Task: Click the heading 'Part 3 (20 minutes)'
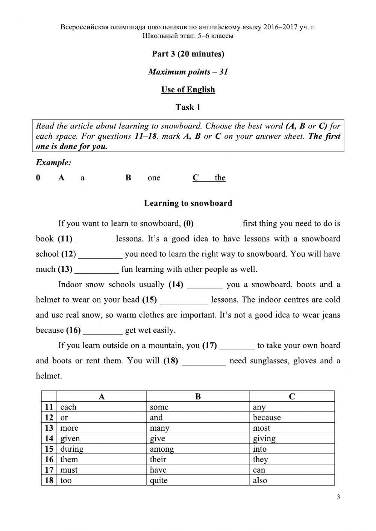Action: point(188,54)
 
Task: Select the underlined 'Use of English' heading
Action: point(188,90)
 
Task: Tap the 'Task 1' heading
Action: point(188,107)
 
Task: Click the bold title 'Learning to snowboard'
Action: point(188,203)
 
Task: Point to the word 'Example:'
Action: point(53,163)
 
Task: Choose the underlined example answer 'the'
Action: point(220,178)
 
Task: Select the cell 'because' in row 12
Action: point(267,418)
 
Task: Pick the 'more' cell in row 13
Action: point(69,428)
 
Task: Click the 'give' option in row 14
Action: point(157,439)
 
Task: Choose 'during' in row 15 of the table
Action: point(72,449)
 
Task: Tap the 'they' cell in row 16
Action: point(260,460)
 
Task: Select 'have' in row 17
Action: point(158,470)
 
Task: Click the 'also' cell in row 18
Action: point(260,480)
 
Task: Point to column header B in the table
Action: point(198,396)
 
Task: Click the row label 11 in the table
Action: point(49,407)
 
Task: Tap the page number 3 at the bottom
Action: point(338,497)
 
